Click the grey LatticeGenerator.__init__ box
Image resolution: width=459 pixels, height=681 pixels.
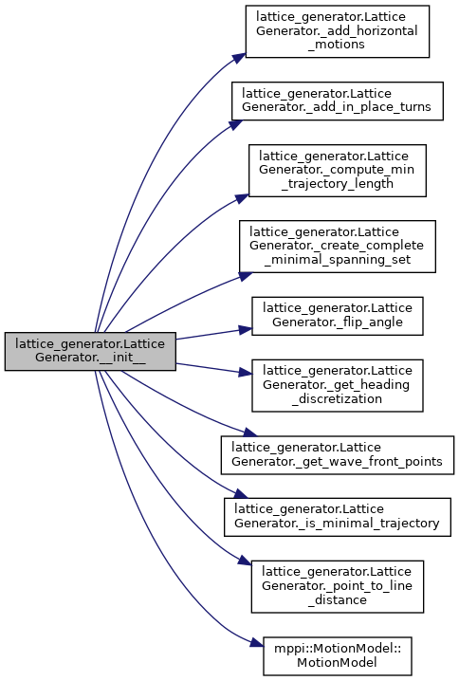90,351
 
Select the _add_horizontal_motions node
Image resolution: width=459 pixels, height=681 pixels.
338,31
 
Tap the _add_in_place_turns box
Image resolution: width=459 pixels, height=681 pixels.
338,101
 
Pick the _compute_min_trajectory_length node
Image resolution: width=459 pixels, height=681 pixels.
338,171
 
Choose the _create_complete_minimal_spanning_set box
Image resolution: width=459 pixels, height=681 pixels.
338,247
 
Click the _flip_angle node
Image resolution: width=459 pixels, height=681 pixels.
338,316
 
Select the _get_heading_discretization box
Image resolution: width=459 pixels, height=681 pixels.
338,386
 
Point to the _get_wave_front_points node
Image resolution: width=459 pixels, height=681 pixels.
338,455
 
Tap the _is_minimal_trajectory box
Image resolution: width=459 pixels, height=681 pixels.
338,517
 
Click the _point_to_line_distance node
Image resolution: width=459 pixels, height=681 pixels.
338,587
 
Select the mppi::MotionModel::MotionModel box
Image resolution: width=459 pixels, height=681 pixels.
338,656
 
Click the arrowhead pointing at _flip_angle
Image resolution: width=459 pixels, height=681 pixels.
246,330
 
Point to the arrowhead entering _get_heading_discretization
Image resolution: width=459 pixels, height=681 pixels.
246,372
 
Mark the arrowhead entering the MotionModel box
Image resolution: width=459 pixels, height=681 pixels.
257,644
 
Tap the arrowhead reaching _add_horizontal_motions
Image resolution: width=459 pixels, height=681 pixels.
239,58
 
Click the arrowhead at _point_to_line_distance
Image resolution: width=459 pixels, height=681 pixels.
245,561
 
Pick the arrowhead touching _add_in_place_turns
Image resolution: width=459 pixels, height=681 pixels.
235,124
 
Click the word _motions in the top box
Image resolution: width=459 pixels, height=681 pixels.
337,45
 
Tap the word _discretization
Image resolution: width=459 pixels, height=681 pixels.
338,398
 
